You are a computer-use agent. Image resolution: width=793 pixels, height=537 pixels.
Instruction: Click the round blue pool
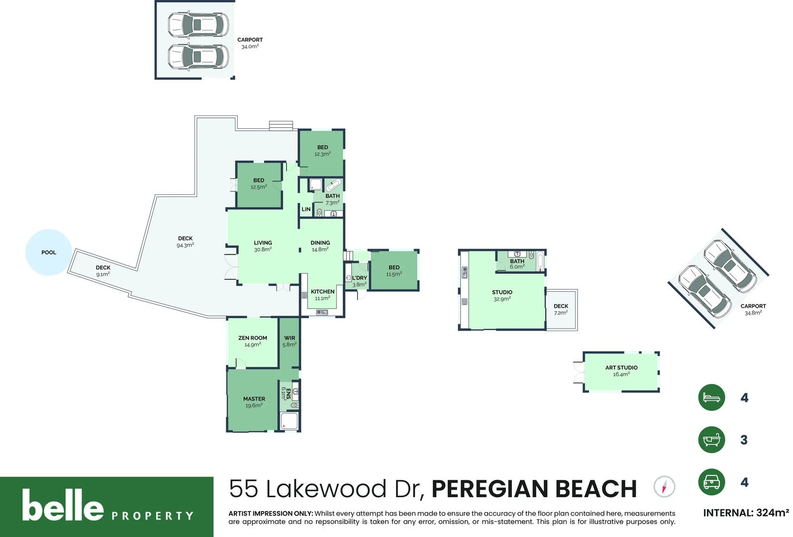[x=48, y=252]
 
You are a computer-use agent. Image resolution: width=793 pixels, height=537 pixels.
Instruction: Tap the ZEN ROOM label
[x=253, y=338]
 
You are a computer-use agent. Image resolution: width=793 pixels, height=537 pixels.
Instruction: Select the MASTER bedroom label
[x=254, y=399]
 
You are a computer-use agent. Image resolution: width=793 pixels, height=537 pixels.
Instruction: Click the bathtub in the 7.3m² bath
[x=333, y=185]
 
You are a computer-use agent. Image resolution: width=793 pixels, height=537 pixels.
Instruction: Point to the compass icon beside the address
[x=664, y=486]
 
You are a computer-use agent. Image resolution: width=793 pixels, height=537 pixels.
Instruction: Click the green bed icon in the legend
[x=711, y=397]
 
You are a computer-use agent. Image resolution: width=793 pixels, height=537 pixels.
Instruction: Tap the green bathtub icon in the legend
[x=711, y=440]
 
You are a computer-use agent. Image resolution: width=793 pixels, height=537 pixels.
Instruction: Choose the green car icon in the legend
[x=711, y=482]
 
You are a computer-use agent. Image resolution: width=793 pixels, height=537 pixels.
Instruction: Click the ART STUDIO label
[x=621, y=367]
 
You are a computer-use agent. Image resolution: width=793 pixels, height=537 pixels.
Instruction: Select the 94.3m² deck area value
[x=185, y=246]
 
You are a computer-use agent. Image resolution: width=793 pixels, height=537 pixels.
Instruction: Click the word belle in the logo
[x=63, y=506]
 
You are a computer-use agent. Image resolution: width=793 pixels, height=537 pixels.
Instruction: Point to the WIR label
[x=290, y=338]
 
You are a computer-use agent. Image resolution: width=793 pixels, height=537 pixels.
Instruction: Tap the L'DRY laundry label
[x=360, y=278]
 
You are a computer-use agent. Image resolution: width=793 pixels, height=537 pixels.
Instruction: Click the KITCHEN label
[x=322, y=292]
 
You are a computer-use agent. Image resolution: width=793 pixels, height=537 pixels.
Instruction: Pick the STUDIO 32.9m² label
[x=502, y=295]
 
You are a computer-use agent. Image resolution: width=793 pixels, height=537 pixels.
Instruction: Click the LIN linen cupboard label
[x=306, y=209]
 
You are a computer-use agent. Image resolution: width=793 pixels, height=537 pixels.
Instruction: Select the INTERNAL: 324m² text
[x=746, y=513]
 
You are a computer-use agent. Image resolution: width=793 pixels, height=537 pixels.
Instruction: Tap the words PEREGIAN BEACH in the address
[x=534, y=489]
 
